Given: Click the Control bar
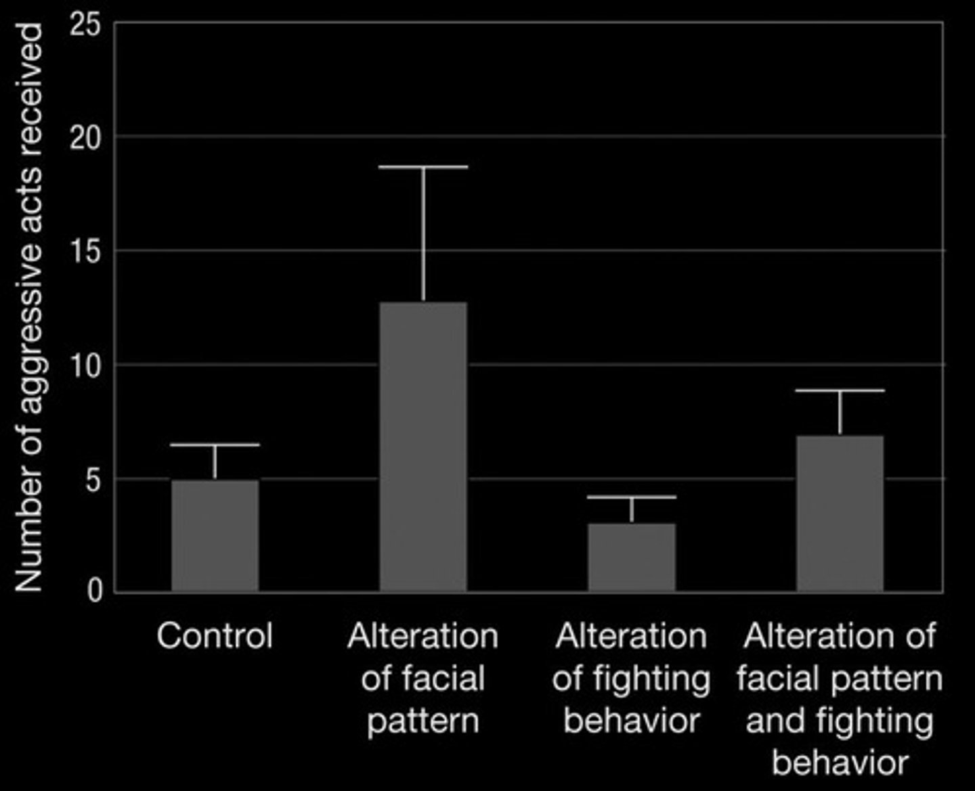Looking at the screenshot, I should (x=215, y=536).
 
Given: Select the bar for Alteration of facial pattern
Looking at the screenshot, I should (x=423, y=447).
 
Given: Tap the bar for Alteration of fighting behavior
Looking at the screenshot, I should (x=632, y=558).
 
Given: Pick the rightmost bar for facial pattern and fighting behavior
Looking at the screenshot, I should (x=840, y=514).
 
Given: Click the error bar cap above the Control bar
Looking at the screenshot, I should (x=215, y=445).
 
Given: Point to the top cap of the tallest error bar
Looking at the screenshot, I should (x=423, y=166).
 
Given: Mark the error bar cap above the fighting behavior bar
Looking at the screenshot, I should (x=632, y=497).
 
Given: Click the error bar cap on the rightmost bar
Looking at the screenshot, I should (x=840, y=390).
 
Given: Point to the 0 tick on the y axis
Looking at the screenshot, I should (x=95, y=591).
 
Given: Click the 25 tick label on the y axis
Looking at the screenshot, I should (x=86, y=25).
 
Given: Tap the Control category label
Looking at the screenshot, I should (x=215, y=636).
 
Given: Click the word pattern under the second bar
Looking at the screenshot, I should (x=423, y=721).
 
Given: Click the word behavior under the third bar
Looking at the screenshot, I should (x=631, y=721).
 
